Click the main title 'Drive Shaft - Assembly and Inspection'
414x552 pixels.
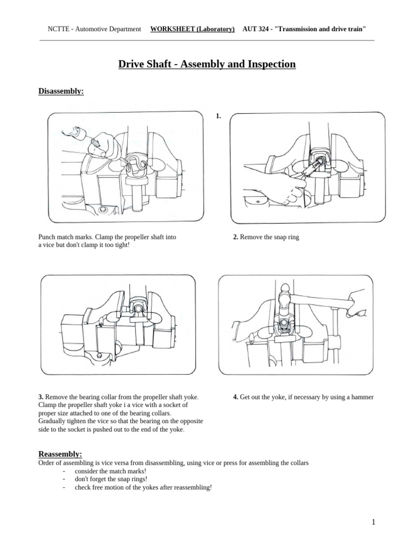click(x=207, y=65)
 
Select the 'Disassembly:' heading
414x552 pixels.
click(x=61, y=92)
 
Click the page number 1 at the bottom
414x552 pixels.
click(x=373, y=522)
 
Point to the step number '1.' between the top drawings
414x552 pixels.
click(x=218, y=116)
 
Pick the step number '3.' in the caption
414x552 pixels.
click(x=41, y=397)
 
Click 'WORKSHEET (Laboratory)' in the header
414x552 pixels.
click(x=192, y=29)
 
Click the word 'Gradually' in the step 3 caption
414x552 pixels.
click(x=53, y=422)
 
